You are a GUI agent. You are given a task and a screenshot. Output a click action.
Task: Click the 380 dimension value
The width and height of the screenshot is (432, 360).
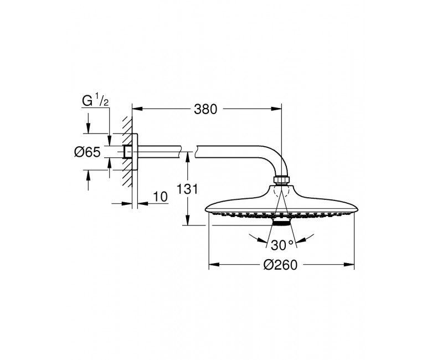205,109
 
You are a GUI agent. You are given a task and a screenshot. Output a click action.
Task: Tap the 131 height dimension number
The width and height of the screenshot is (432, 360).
187,189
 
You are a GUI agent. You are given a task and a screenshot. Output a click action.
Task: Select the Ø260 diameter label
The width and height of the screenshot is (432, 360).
280,265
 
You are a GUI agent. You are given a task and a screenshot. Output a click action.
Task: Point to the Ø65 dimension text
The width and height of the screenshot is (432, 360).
88,152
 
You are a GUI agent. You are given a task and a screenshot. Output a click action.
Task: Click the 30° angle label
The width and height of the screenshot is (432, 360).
282,245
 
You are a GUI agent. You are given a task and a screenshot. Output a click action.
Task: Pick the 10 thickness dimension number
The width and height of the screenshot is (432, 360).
160,197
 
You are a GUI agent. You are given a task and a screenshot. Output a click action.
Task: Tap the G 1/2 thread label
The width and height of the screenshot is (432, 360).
95,101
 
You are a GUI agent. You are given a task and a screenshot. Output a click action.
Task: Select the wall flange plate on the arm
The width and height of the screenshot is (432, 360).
135,152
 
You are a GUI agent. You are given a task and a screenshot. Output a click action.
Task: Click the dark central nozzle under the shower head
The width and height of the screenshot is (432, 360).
281,222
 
